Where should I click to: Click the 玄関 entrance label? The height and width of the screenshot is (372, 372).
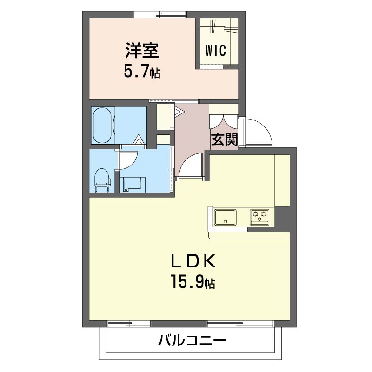pos(224,139)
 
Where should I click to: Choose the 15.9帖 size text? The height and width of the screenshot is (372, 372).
pos(193,282)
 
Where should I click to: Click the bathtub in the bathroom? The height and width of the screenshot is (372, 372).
pos(102,126)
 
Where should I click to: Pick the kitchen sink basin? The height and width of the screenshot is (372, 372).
pos(225,217)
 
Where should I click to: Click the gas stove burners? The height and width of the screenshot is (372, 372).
pos(259,216)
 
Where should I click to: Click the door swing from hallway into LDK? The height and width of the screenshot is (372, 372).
pos(191,166)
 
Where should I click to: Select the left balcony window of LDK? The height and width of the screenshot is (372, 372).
pos(131,323)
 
